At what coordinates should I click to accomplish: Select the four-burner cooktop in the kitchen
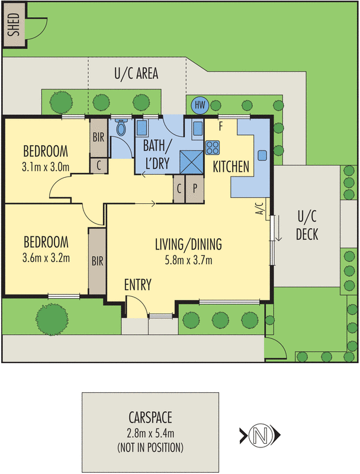[x=212, y=147]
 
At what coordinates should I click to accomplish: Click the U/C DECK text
[x=307, y=226]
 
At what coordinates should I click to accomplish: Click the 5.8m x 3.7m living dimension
[x=188, y=260]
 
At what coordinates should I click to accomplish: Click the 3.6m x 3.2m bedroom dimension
[x=46, y=258]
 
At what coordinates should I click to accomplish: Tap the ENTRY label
[x=138, y=285]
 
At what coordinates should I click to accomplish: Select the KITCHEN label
[x=231, y=167]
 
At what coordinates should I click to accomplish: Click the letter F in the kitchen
[x=221, y=126]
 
